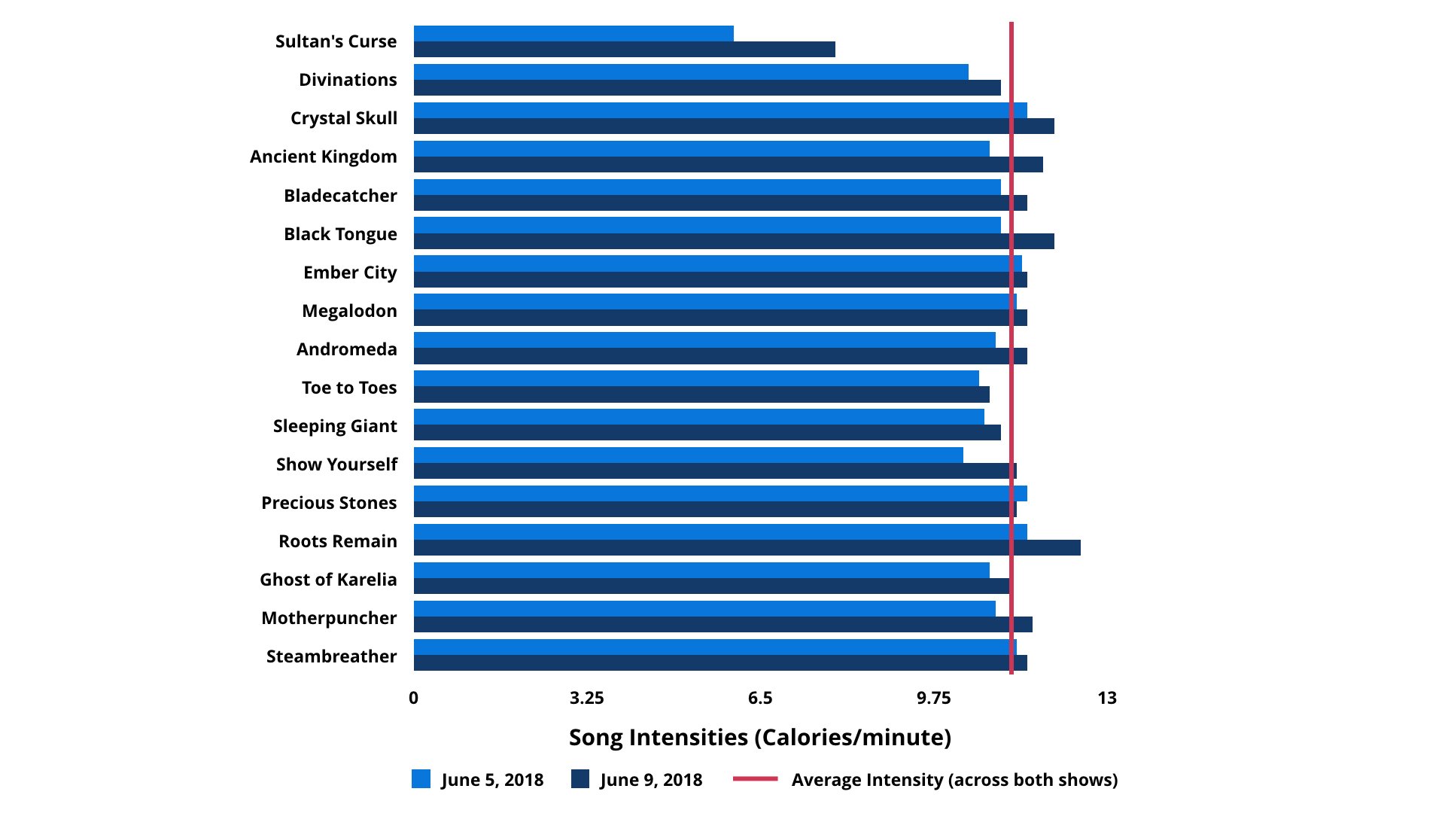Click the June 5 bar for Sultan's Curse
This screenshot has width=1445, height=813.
coord(573,34)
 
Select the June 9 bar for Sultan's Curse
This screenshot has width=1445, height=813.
coord(625,50)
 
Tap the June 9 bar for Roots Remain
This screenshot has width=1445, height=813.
coord(747,548)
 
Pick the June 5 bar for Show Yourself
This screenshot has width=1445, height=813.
coord(688,455)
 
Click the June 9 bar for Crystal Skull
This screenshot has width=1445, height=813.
coord(734,126)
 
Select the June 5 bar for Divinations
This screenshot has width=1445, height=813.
coord(691,72)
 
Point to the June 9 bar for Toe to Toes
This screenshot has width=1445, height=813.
coord(701,394)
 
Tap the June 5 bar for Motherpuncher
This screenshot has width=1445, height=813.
coord(704,608)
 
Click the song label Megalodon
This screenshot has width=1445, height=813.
coord(349,311)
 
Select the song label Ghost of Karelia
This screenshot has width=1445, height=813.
coord(328,580)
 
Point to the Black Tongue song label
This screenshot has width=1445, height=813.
coord(340,234)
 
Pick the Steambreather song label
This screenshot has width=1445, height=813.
coord(331,656)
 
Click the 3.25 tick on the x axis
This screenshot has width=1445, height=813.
coord(587,699)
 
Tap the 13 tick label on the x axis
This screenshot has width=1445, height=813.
coord(1107,699)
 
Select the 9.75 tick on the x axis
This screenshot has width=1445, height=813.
coord(933,699)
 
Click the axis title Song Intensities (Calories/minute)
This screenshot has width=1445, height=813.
coord(760,738)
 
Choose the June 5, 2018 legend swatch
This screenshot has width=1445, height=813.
coord(421,779)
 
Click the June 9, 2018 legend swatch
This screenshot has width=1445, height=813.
coord(580,779)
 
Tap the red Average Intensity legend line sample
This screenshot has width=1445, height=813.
coord(755,779)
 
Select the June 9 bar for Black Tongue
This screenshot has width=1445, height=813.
coord(734,242)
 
